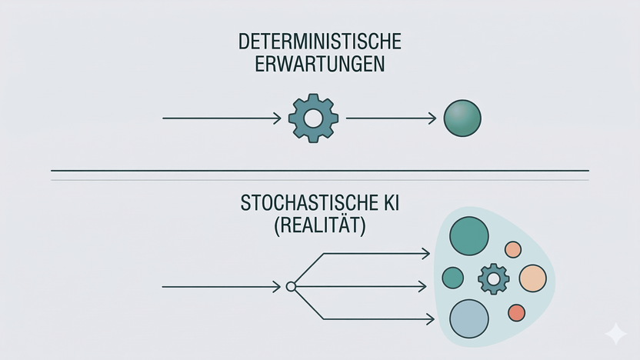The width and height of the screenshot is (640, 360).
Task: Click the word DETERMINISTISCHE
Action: click(320, 41)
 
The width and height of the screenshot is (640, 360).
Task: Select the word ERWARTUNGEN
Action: click(320, 63)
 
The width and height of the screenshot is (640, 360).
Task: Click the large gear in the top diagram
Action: click(313, 118)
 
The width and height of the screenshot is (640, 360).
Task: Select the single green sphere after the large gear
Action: click(462, 118)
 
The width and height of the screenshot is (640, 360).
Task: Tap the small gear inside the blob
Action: click(492, 278)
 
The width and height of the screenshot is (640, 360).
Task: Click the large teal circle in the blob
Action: click(469, 235)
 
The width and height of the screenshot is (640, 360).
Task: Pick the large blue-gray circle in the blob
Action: click(469, 318)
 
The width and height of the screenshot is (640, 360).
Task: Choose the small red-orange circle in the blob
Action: click(516, 312)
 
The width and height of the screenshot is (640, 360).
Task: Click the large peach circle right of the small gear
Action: click(532, 278)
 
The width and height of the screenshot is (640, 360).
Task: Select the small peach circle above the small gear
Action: click(513, 249)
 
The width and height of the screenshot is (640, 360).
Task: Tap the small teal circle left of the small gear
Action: click(453, 278)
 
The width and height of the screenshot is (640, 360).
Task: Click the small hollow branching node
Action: click(291, 286)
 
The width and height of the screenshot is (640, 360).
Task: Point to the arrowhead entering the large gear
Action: click(277, 118)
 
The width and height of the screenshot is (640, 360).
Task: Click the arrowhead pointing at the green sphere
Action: click(432, 118)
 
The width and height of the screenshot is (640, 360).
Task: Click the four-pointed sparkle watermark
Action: click(615, 333)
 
